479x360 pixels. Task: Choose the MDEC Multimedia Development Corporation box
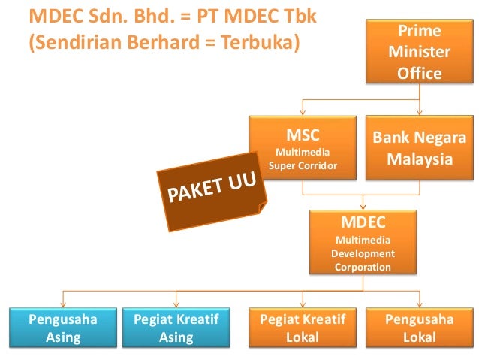363,242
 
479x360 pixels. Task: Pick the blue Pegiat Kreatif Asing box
176,328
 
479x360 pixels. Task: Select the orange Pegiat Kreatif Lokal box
303,328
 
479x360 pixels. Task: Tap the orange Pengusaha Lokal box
419,328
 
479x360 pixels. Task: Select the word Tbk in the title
299,16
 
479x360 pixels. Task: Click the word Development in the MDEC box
363,253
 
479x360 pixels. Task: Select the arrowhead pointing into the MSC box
303,110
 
